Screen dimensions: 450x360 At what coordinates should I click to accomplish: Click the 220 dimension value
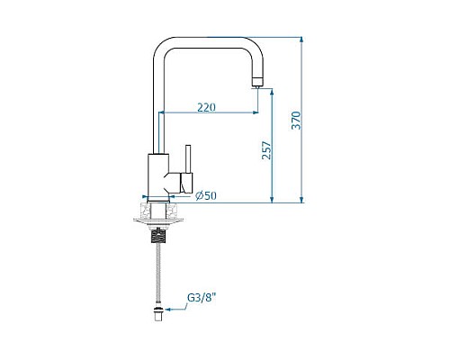[x=206, y=107]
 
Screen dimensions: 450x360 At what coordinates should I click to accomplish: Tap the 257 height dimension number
[x=266, y=150]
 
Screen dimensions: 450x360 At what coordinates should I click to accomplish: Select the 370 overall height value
[x=296, y=121]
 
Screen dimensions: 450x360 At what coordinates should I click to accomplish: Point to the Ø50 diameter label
[x=206, y=195]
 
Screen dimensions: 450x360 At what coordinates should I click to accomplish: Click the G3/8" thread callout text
[x=202, y=298]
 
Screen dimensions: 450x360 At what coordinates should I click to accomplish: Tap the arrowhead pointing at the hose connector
[x=168, y=309]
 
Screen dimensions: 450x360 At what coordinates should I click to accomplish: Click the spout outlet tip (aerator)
[x=256, y=83]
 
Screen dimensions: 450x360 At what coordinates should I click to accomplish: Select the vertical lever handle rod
[x=188, y=159]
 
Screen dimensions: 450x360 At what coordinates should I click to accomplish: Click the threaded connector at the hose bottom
[x=158, y=313]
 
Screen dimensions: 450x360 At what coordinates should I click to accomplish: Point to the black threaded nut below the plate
[x=158, y=235]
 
